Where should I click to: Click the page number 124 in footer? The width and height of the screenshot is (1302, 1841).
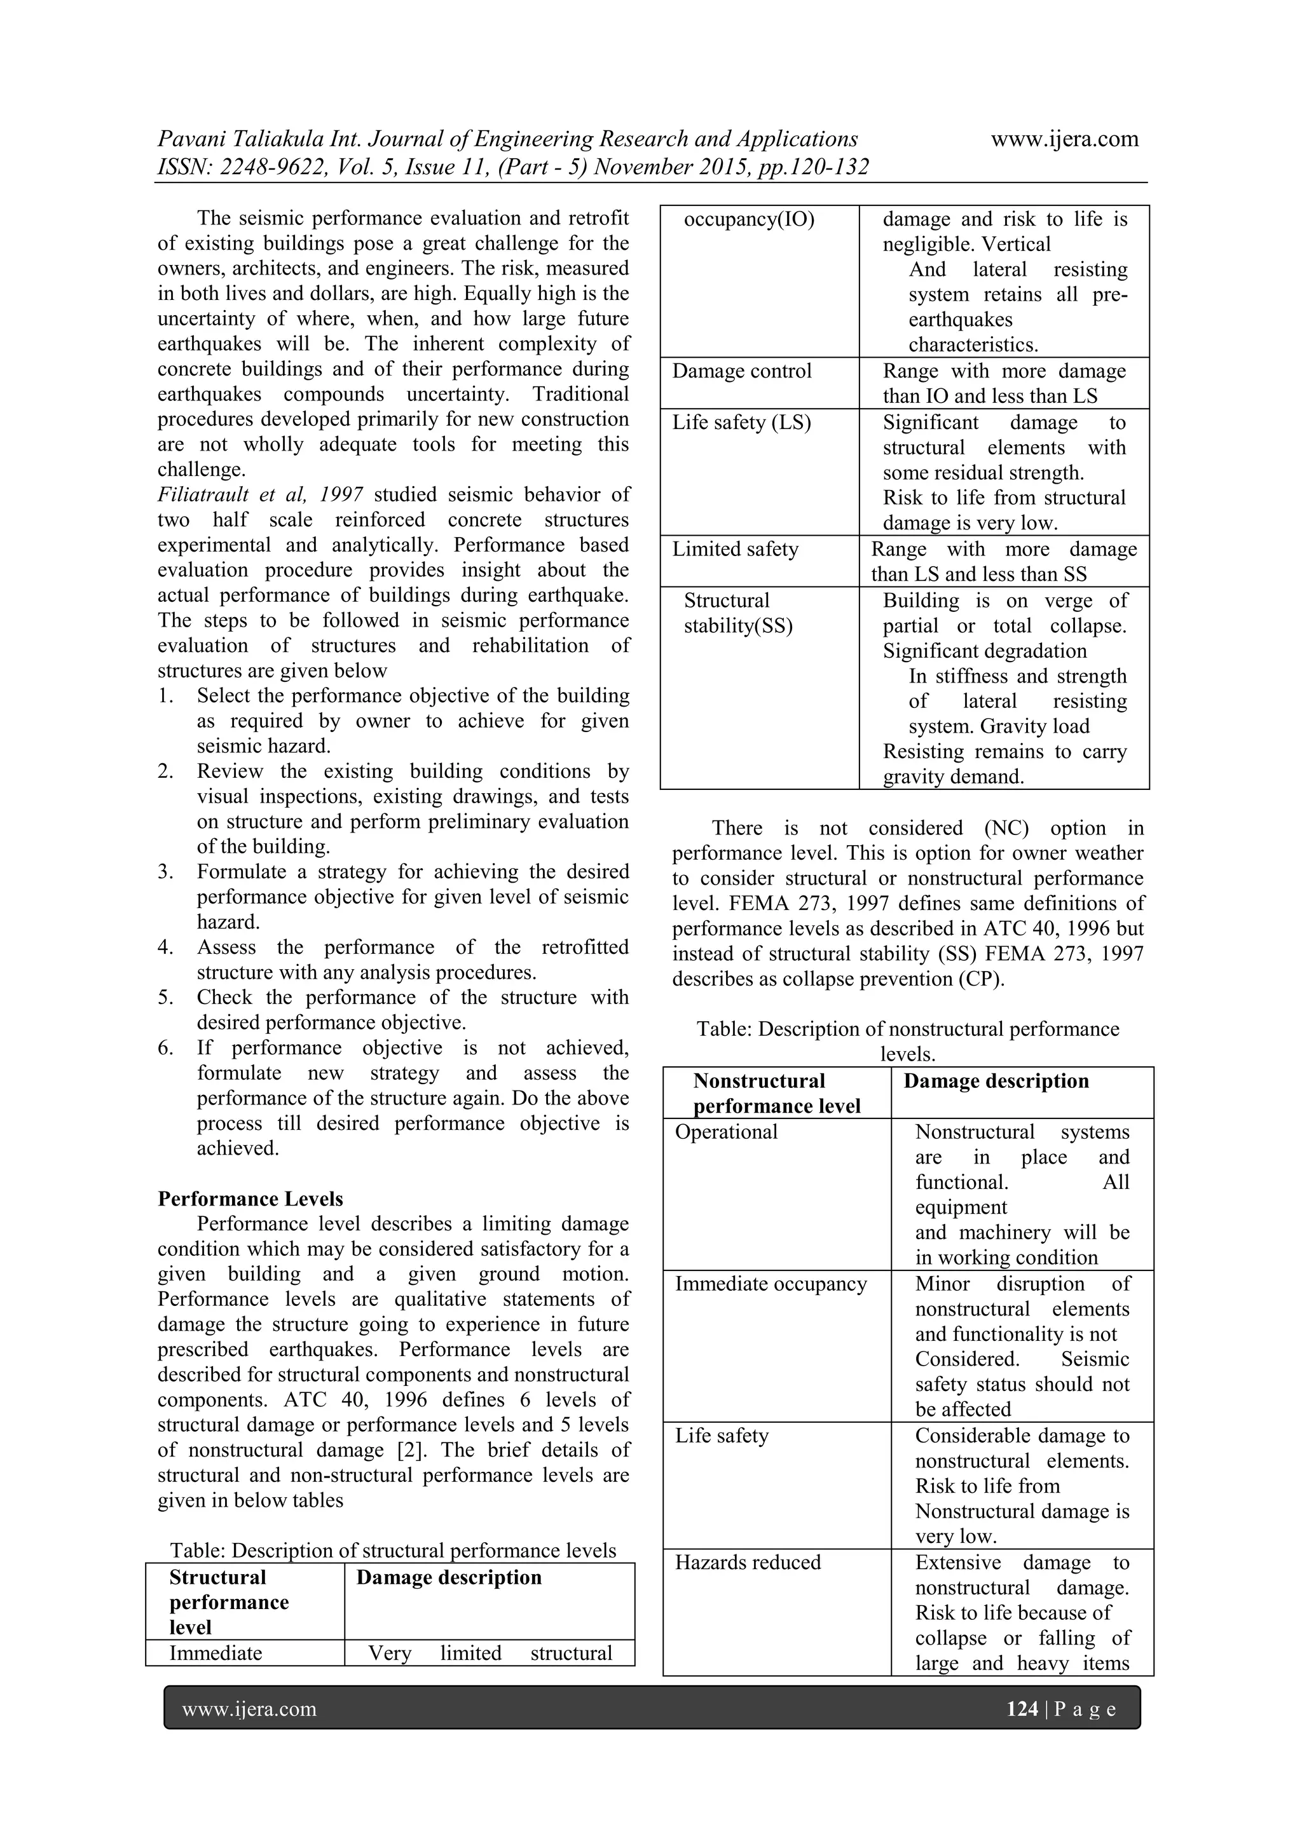[x=1021, y=1709]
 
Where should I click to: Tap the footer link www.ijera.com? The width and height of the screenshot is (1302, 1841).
[x=249, y=1709]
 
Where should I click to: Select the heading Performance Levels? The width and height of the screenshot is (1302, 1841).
[x=250, y=1199]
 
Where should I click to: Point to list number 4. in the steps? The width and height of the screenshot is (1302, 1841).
[x=165, y=948]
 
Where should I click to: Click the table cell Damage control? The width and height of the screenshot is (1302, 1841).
[x=741, y=371]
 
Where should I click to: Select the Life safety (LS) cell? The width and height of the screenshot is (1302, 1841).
[x=741, y=423]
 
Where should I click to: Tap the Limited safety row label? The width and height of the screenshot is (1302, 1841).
[x=735, y=549]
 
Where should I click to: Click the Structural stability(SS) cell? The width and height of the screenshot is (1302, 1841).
[x=737, y=613]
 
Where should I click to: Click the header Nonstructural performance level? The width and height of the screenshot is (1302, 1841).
[x=776, y=1094]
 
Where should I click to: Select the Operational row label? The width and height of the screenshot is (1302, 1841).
[x=726, y=1132]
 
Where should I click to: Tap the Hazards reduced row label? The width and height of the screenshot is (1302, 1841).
[x=748, y=1562]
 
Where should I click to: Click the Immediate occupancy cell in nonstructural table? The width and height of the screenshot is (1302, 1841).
[x=770, y=1284]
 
